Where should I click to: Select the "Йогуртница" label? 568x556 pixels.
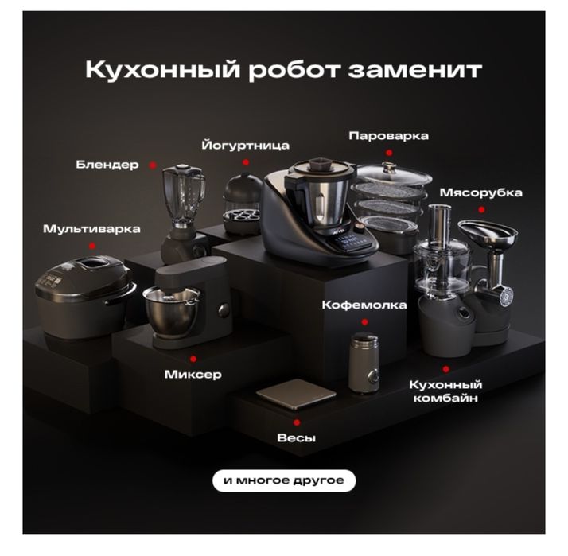point(245,146)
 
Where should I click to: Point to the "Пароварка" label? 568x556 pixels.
point(388,136)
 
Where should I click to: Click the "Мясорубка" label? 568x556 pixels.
point(481,193)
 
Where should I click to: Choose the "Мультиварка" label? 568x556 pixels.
point(91,229)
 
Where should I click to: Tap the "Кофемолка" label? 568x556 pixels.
point(364,305)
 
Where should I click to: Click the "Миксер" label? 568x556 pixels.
point(193,374)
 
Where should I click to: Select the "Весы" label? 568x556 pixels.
point(296,438)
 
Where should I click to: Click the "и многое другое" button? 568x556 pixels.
point(284,480)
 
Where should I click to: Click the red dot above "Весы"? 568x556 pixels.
point(297,422)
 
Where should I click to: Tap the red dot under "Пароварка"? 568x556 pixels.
point(389,152)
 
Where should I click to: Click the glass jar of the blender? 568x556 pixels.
point(183,194)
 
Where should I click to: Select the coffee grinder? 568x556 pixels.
point(365,362)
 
